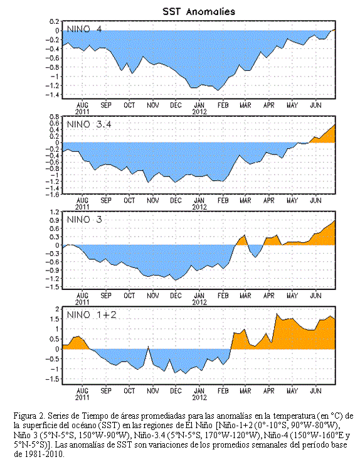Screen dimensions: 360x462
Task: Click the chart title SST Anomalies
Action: [199, 11]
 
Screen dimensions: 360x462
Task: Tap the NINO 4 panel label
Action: [84, 29]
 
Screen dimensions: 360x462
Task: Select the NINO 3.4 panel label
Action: [89, 124]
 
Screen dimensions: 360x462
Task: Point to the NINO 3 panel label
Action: [84, 220]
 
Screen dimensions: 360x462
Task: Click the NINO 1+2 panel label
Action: [92, 314]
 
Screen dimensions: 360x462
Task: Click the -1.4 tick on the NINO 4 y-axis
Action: [53, 95]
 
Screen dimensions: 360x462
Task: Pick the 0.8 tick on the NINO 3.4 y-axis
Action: [55, 116]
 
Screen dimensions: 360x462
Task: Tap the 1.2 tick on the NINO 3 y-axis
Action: [55, 212]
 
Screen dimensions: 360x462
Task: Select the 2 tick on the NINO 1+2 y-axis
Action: [58, 309]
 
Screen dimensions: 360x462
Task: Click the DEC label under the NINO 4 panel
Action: [176, 105]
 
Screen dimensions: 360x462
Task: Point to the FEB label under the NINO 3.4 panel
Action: [223, 200]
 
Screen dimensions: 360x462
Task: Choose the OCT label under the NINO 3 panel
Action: [129, 296]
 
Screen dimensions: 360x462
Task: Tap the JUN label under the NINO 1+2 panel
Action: [315, 390]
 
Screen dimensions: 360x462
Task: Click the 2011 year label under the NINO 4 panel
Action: [82, 112]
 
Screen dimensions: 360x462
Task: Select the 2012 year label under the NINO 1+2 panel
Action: [199, 397]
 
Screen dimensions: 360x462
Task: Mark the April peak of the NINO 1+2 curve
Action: [277, 314]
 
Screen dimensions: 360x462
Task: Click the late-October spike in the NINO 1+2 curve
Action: [149, 346]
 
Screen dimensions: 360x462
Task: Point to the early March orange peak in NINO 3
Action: [245, 235]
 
